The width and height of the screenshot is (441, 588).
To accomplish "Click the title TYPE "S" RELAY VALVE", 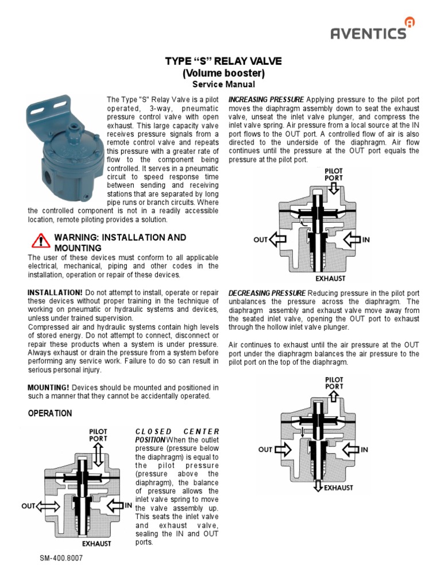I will [x=223, y=61].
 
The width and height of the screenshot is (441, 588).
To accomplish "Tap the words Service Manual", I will [x=223, y=84].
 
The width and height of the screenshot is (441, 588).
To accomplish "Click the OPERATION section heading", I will [x=50, y=413].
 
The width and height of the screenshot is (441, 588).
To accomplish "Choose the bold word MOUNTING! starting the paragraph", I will [x=48, y=388].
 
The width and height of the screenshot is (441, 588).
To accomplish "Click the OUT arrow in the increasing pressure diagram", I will [x=278, y=239].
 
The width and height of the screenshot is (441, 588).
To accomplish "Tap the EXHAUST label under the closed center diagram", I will [x=96, y=543].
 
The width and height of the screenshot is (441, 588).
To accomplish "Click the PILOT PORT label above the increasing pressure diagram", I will [x=334, y=174].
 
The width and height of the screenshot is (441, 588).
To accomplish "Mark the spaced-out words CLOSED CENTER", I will [x=177, y=431].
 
